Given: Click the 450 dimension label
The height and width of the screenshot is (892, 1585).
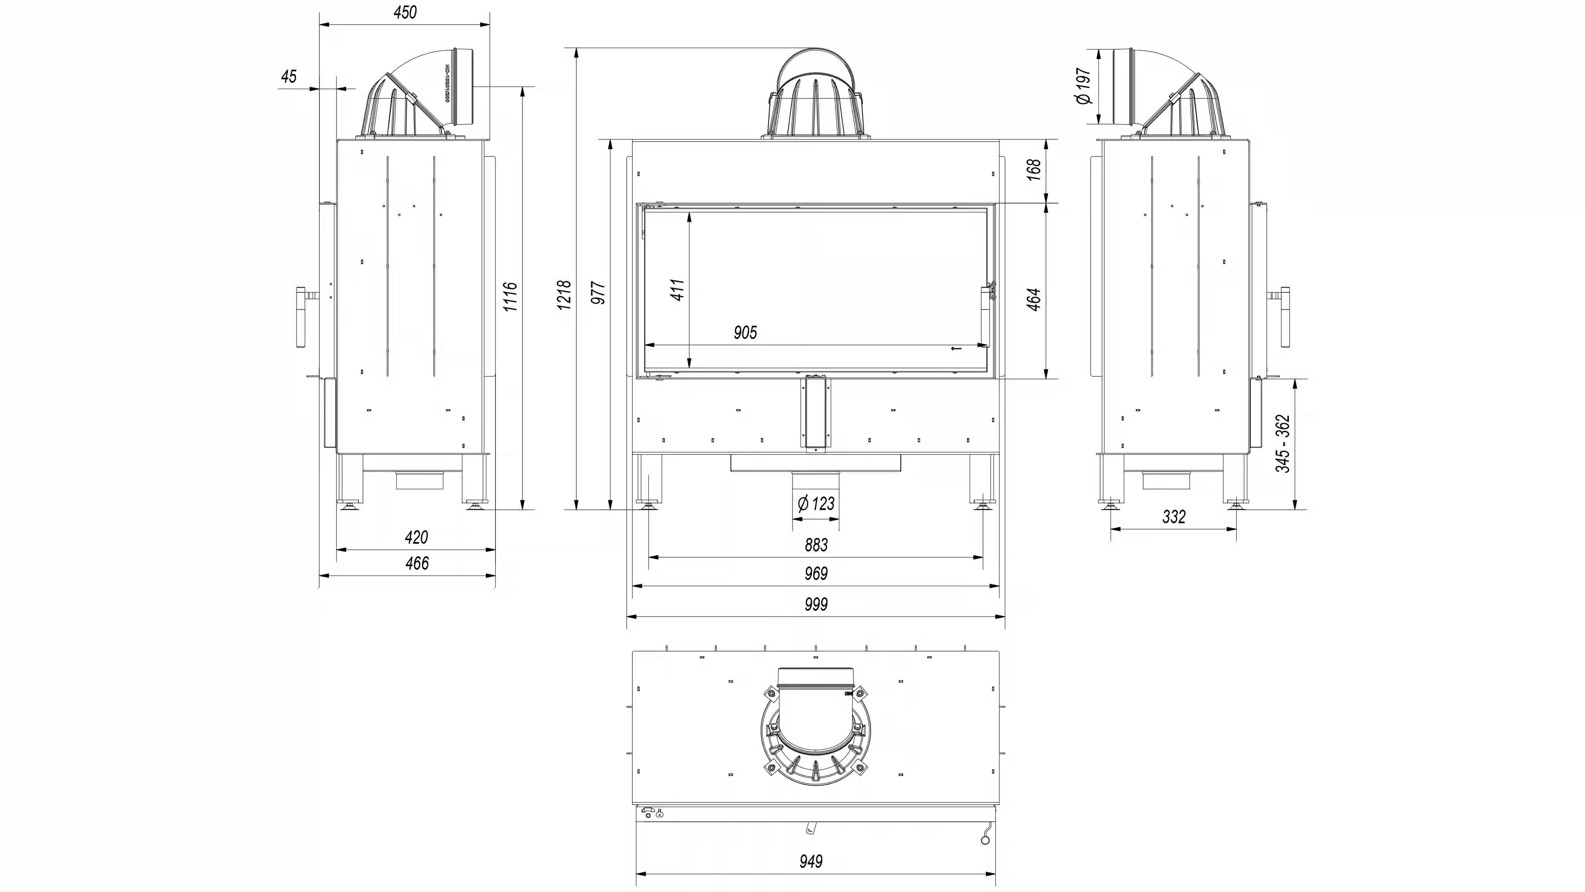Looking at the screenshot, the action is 405,12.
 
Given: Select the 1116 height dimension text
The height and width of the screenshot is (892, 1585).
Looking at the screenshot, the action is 510,297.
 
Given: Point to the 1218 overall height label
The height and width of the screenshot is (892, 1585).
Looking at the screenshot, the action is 564,295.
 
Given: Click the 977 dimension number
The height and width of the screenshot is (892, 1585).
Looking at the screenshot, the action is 598,293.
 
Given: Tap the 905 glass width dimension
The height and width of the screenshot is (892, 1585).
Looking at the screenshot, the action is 745,333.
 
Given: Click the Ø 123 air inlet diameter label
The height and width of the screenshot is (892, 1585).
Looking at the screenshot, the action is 816,503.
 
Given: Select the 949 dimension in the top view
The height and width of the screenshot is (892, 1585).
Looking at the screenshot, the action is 811,861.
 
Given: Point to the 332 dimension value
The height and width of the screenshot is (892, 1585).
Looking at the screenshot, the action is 1174,516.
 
